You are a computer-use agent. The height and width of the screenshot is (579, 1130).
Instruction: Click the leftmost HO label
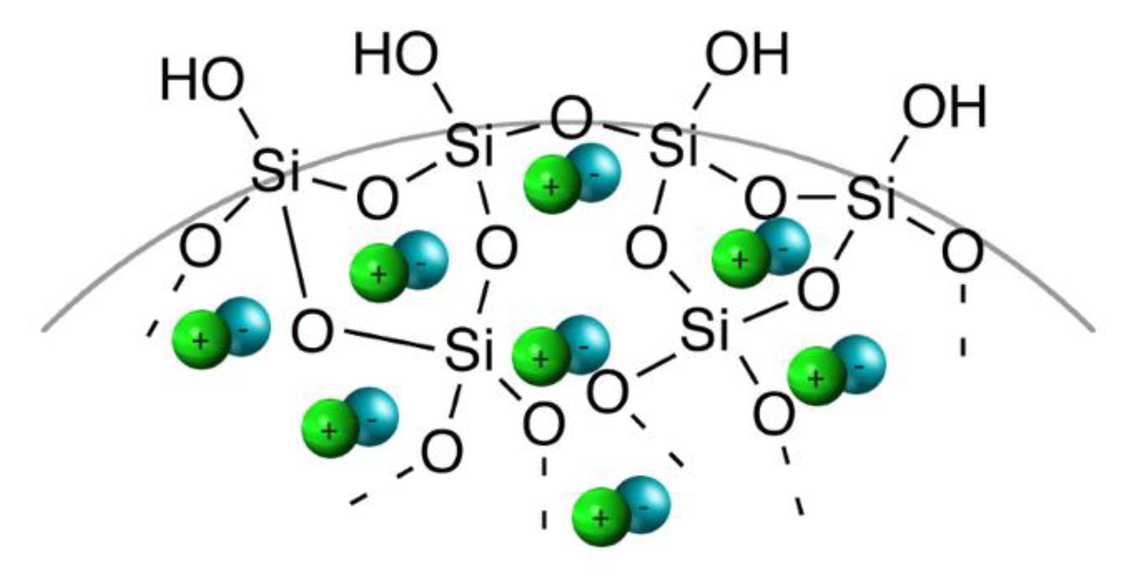coord(202,80)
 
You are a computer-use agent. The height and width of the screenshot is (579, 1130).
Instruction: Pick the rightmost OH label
coord(945,107)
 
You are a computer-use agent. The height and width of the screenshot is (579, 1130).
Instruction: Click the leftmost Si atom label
coord(276,171)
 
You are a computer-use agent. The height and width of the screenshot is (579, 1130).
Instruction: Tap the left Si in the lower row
coord(469,349)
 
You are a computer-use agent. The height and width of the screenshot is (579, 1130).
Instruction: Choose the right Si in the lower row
coord(704,330)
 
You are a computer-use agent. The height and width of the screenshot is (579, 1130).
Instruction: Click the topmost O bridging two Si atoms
coord(571,118)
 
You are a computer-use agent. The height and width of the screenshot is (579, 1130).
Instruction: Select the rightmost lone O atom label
coord(962,252)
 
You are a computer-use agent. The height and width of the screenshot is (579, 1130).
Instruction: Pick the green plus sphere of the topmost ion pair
coord(552,184)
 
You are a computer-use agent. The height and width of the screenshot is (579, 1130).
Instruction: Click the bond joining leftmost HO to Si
coord(248,123)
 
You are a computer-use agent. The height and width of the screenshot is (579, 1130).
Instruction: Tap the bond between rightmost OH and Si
coord(899,149)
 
